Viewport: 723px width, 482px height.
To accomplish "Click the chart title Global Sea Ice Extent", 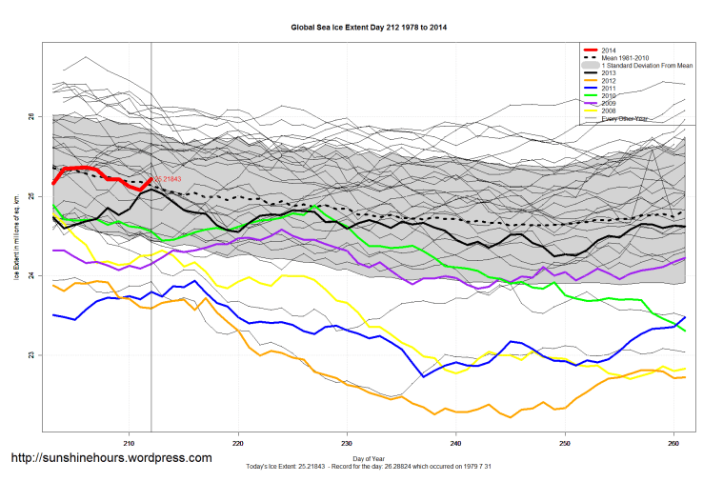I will coord(369,28).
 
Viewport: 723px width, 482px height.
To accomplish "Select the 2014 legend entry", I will coord(610,50).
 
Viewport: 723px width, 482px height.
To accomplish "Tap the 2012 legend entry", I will coord(610,80).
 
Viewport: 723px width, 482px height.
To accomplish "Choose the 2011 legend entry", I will coord(610,88).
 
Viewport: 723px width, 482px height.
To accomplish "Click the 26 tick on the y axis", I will coord(32,116).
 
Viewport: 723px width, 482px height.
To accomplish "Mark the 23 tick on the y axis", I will coord(32,355).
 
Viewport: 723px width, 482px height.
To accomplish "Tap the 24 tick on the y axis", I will coord(32,275).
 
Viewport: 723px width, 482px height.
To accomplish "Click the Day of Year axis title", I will coord(369,459).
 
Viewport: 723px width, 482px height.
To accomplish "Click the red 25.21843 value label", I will coord(168,179).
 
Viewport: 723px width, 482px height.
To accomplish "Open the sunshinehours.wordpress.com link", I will coord(110,458).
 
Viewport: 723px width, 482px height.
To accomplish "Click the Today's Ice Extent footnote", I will coord(369,468).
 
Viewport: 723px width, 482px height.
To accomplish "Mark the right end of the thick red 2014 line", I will coord(151,179).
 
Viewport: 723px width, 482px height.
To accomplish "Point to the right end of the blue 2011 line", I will coord(685,317).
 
